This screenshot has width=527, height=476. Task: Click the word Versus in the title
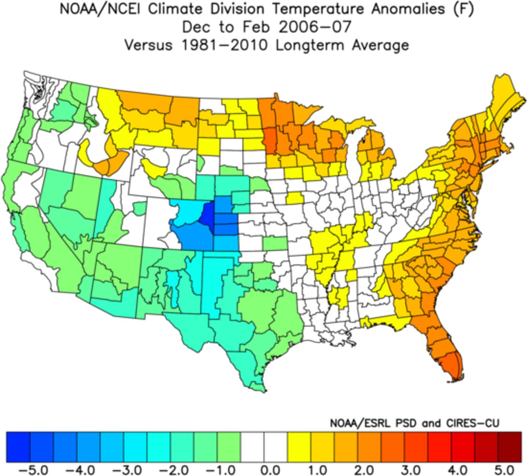pos(148,45)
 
